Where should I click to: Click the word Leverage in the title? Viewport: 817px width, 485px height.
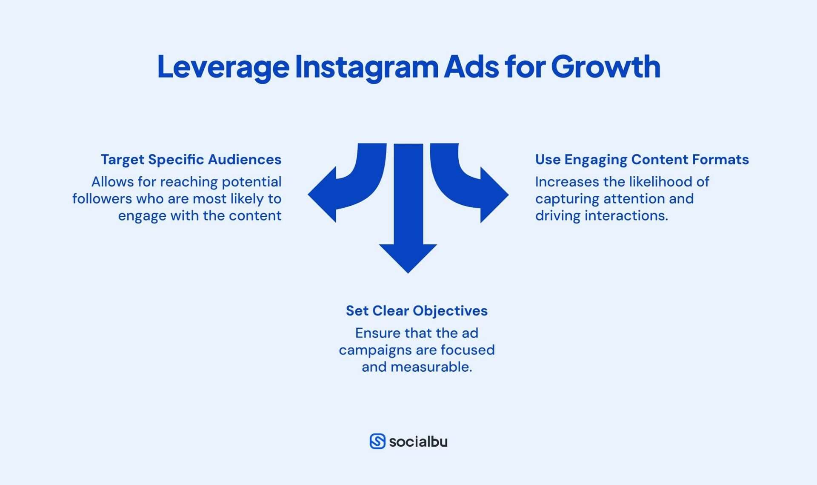click(x=223, y=67)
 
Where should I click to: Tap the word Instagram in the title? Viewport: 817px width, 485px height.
click(x=366, y=67)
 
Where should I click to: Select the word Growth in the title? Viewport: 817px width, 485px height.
click(x=606, y=67)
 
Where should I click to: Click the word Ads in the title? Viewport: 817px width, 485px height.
click(x=471, y=67)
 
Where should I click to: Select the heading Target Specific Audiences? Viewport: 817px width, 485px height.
click(x=191, y=160)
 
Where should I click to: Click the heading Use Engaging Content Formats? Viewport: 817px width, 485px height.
click(x=642, y=160)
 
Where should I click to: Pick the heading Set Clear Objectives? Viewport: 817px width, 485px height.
click(x=417, y=311)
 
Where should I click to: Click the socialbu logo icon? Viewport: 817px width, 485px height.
click(x=377, y=442)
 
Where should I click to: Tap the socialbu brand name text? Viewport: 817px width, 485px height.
click(x=418, y=442)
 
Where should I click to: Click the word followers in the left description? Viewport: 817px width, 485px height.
click(x=102, y=199)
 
